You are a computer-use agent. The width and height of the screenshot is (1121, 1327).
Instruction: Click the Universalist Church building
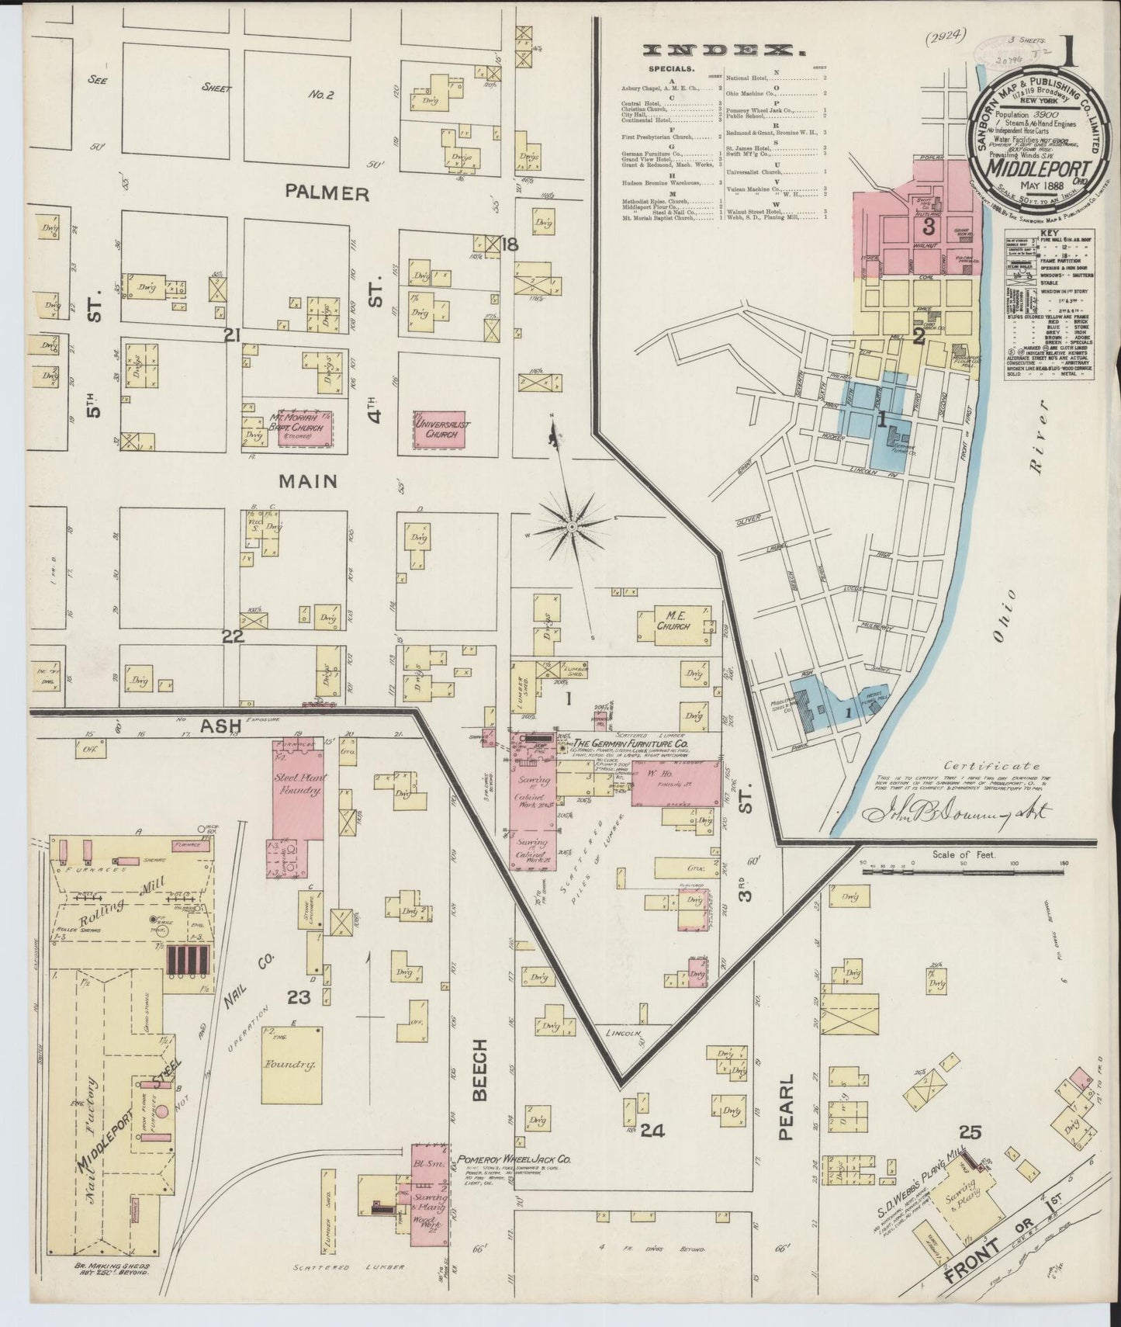pos(439,429)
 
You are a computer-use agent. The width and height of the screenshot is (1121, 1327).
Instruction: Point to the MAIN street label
pos(309,481)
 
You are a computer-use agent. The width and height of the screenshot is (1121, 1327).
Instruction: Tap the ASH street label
pos(219,726)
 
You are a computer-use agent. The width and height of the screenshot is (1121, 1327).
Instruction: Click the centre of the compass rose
pos(572,527)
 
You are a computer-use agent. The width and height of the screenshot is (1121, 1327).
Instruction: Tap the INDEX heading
pos(721,50)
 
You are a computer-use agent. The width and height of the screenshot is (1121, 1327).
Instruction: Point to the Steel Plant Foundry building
pos(299,788)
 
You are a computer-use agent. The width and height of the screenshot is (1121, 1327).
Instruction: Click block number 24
pos(652,1131)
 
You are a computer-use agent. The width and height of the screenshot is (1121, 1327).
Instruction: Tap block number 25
pos(970,1132)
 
